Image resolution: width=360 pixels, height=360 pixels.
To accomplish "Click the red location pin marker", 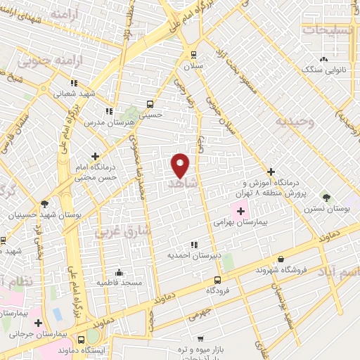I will pyautogui.click(x=181, y=165).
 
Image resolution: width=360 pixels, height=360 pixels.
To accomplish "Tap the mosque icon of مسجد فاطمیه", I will pyautogui.click(x=119, y=271).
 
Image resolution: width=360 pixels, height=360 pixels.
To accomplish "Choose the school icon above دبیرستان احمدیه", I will pyautogui.click(x=194, y=245).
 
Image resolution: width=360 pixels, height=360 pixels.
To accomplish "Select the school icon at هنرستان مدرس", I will pyautogui.click(x=109, y=111).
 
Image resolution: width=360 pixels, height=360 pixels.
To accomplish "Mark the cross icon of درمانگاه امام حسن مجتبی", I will pyautogui.click(x=95, y=156).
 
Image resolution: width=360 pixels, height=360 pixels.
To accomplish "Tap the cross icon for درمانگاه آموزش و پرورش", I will pyautogui.click(x=271, y=172).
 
